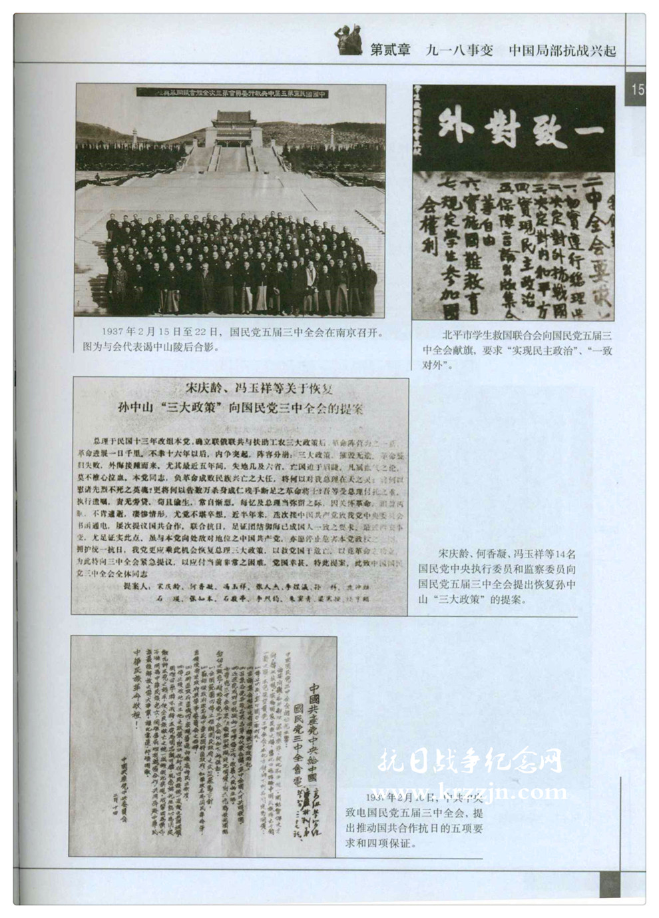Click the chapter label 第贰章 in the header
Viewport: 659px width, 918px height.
(x=390, y=50)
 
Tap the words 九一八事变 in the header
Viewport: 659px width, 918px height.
(x=459, y=50)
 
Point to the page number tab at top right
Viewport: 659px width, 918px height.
(x=637, y=89)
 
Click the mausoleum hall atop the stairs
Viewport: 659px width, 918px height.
(x=232, y=127)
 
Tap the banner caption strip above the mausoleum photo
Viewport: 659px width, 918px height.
(x=231, y=94)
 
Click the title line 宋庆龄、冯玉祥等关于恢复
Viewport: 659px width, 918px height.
(x=258, y=389)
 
